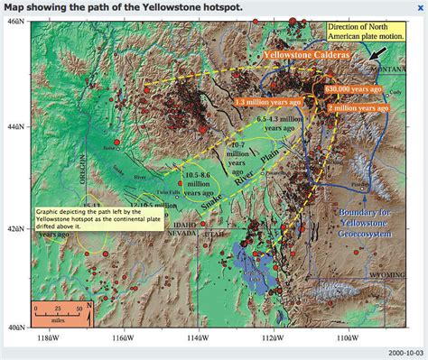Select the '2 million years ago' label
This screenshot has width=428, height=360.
tap(353, 106)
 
